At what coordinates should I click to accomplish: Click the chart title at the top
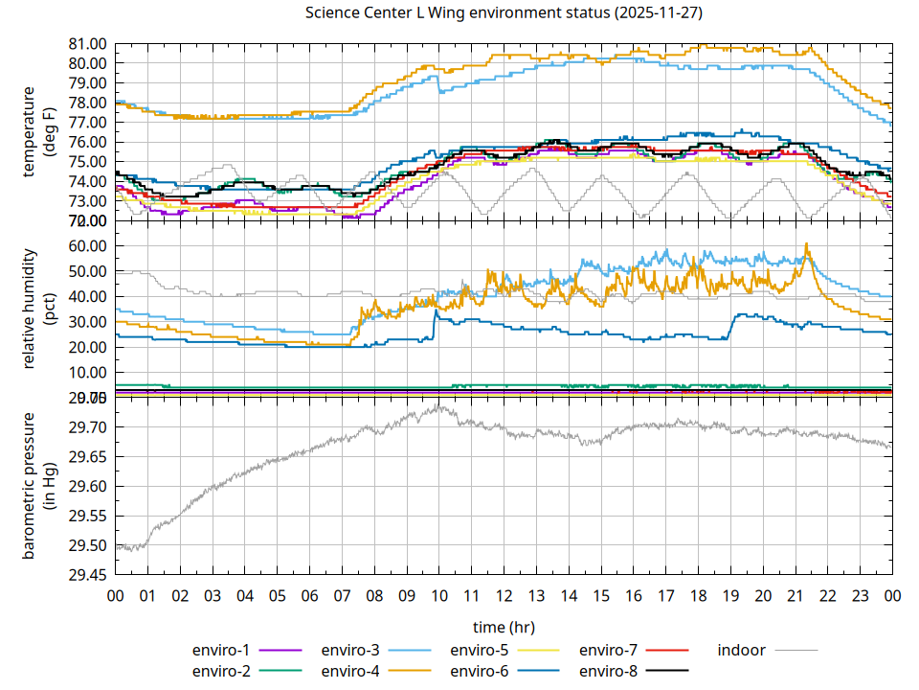[503, 13]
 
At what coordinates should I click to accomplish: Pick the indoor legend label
[742, 650]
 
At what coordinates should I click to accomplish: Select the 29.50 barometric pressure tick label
[86, 546]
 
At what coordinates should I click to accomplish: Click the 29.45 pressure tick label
[86, 576]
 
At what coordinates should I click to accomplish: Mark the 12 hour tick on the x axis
[504, 596]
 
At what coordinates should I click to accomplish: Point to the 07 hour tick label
[342, 596]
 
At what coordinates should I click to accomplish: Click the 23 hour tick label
[860, 596]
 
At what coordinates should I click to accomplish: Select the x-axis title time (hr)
[503, 627]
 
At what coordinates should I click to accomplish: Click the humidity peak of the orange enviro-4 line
[807, 244]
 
